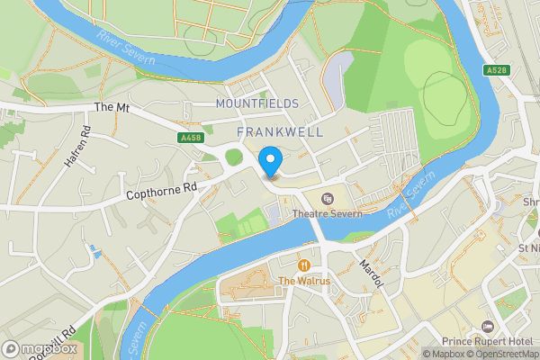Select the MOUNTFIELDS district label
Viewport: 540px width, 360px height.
pyautogui.click(x=257, y=103)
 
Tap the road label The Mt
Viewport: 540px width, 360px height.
pyautogui.click(x=112, y=107)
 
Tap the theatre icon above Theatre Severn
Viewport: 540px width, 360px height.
pyautogui.click(x=327, y=199)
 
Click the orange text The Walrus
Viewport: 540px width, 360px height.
pyautogui.click(x=304, y=281)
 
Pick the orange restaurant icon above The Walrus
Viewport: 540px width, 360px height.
pyautogui.click(x=304, y=265)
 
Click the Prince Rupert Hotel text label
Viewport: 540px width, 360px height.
pyautogui.click(x=489, y=341)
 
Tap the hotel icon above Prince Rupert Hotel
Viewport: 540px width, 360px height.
pyautogui.click(x=489, y=325)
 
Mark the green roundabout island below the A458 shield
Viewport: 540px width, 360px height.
pyautogui.click(x=234, y=157)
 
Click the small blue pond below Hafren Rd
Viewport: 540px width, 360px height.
pyautogui.click(x=94, y=248)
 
